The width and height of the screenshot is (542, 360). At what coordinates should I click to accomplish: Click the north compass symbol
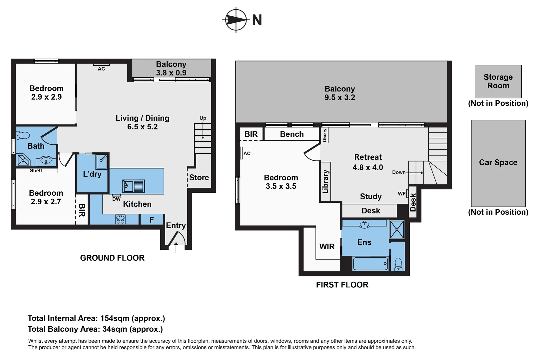point(236,20)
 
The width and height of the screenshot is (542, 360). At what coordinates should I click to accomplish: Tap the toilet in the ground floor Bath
point(23,135)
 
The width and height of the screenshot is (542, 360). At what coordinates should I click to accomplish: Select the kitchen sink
point(134,186)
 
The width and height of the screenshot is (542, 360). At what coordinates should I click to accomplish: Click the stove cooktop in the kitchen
point(120,219)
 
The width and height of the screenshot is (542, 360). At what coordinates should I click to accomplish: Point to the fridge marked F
point(152,220)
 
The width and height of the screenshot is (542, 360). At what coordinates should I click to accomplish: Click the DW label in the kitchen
point(116,199)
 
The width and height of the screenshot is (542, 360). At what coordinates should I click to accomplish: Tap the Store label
point(199,178)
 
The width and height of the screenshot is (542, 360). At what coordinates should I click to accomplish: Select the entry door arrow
point(176,247)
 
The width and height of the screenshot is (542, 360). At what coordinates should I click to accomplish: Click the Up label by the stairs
point(203,118)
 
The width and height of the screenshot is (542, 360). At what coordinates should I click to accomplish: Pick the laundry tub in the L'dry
point(102,162)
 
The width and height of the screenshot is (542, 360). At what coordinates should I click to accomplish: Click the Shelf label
point(36,171)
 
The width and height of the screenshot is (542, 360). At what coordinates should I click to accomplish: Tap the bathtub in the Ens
point(370,263)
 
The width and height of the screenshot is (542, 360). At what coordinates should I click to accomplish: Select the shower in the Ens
point(397,229)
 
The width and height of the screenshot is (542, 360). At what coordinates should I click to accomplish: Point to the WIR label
point(327,247)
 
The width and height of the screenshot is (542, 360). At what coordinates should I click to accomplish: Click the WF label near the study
point(401,194)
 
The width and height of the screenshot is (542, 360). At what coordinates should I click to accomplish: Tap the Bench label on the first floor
point(292,134)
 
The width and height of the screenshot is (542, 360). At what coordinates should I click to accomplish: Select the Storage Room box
point(498,81)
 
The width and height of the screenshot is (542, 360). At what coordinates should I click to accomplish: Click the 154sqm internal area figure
point(115,318)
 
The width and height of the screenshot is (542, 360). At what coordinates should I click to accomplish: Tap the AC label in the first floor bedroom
point(247,153)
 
